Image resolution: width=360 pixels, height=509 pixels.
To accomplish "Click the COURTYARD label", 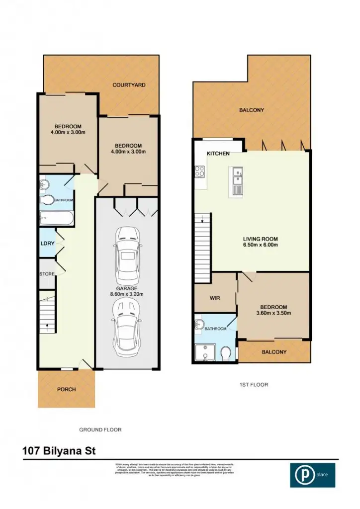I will click(129, 85).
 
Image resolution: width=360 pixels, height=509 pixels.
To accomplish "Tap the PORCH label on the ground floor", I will click(66, 389).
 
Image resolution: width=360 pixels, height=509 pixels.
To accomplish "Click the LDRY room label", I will click(47, 244).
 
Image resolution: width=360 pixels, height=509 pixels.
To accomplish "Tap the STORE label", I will click(47, 274).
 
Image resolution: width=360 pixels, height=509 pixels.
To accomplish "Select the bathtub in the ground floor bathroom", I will click(57, 218).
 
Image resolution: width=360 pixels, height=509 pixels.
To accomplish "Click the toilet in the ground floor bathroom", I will click(49, 200).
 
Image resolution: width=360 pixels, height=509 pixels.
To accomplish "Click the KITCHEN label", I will click(218, 154).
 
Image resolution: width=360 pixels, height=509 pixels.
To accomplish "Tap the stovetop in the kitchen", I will click(200, 171).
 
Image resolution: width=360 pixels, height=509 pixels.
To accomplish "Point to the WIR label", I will click(215, 298).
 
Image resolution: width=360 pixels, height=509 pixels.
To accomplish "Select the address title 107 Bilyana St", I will click(59, 451).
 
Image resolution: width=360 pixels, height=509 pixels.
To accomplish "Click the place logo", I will click(312, 475).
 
